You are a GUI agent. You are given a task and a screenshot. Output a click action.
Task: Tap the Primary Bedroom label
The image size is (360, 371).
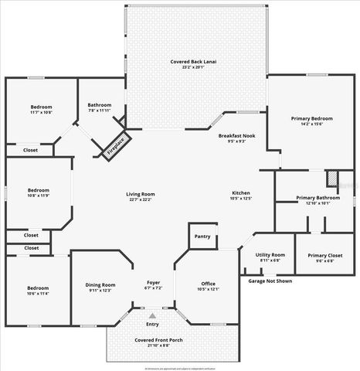311,118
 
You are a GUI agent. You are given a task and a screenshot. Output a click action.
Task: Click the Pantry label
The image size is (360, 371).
202,237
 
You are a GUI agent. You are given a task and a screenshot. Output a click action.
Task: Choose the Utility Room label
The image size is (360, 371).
270,255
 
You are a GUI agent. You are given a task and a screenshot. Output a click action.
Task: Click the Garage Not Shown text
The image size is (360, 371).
270,281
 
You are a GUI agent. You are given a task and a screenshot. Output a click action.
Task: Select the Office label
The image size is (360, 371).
208,284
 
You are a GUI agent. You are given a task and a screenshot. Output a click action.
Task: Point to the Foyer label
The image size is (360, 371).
153,284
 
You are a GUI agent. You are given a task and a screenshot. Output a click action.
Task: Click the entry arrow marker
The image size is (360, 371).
153,315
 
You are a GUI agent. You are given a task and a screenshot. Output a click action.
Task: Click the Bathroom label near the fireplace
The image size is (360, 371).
100,104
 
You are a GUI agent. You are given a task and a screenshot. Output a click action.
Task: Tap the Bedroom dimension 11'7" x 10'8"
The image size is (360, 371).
41,113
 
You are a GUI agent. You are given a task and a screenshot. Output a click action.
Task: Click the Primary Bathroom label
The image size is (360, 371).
318,198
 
